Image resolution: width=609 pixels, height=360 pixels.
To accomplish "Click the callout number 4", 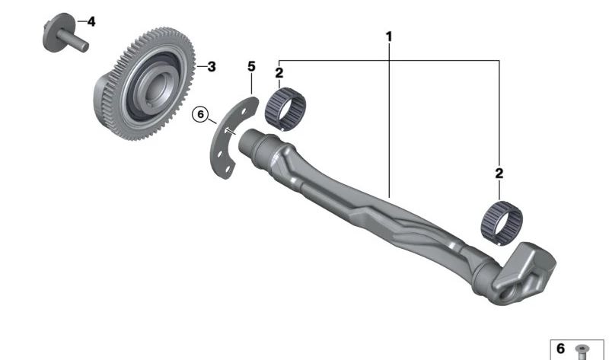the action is [x=91, y=22].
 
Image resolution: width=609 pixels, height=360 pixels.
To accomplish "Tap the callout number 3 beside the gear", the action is [x=212, y=67].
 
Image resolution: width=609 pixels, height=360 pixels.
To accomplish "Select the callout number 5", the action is [x=252, y=67].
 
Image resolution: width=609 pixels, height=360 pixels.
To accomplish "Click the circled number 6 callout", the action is [x=200, y=114].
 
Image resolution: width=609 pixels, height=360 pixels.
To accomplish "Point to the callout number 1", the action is [x=389, y=37].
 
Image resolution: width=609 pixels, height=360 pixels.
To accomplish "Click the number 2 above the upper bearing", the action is [x=279, y=72].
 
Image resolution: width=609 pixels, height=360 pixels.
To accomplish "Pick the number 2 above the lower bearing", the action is [x=499, y=174].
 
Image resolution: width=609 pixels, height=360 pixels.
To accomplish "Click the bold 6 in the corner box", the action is [x=560, y=349].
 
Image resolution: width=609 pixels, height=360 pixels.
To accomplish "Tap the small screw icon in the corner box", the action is [x=582, y=352].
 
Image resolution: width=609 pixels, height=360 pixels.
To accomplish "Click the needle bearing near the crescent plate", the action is [x=285, y=109].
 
